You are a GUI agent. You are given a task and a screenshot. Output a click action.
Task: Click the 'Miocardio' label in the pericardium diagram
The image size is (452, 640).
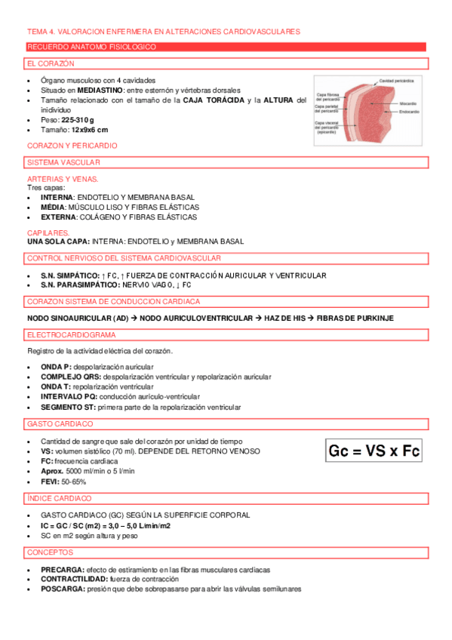click(x=408, y=103)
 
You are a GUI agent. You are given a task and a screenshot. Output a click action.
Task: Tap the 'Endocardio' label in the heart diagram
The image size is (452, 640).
click(x=409, y=112)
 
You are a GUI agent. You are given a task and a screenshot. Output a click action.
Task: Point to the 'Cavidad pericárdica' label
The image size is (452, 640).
click(x=400, y=80)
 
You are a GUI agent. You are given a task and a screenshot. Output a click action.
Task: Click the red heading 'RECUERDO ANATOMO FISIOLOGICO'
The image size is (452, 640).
click(x=91, y=47)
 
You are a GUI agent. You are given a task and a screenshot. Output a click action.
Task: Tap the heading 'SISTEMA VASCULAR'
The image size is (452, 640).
click(x=64, y=162)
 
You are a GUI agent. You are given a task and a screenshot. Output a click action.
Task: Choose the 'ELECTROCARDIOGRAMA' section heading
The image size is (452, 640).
click(x=72, y=334)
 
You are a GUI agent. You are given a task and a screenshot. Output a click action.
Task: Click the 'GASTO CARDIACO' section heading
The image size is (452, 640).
click(x=60, y=424)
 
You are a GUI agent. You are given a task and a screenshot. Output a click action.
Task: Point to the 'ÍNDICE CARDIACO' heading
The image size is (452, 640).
click(x=60, y=498)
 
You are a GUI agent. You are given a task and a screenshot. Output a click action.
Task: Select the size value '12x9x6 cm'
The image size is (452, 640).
click(x=90, y=130)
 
